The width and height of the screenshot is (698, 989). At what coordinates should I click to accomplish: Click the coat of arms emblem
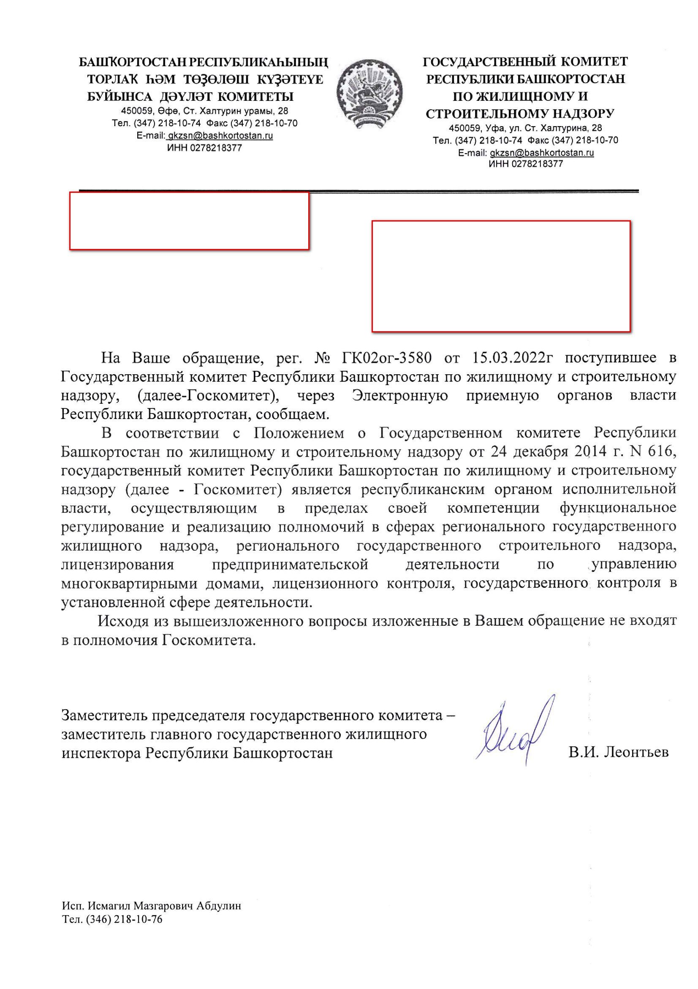(370, 94)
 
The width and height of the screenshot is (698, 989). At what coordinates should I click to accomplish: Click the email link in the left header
(220, 136)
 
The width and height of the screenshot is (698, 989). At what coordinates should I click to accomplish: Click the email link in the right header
(541, 152)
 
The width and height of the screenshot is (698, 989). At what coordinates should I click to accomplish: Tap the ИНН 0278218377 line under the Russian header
(525, 164)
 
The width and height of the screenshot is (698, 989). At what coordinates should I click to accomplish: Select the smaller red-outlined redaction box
(189, 221)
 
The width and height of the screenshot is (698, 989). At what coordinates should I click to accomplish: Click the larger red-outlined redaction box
(500, 276)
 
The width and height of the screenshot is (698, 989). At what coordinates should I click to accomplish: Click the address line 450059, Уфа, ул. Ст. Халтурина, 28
(525, 128)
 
